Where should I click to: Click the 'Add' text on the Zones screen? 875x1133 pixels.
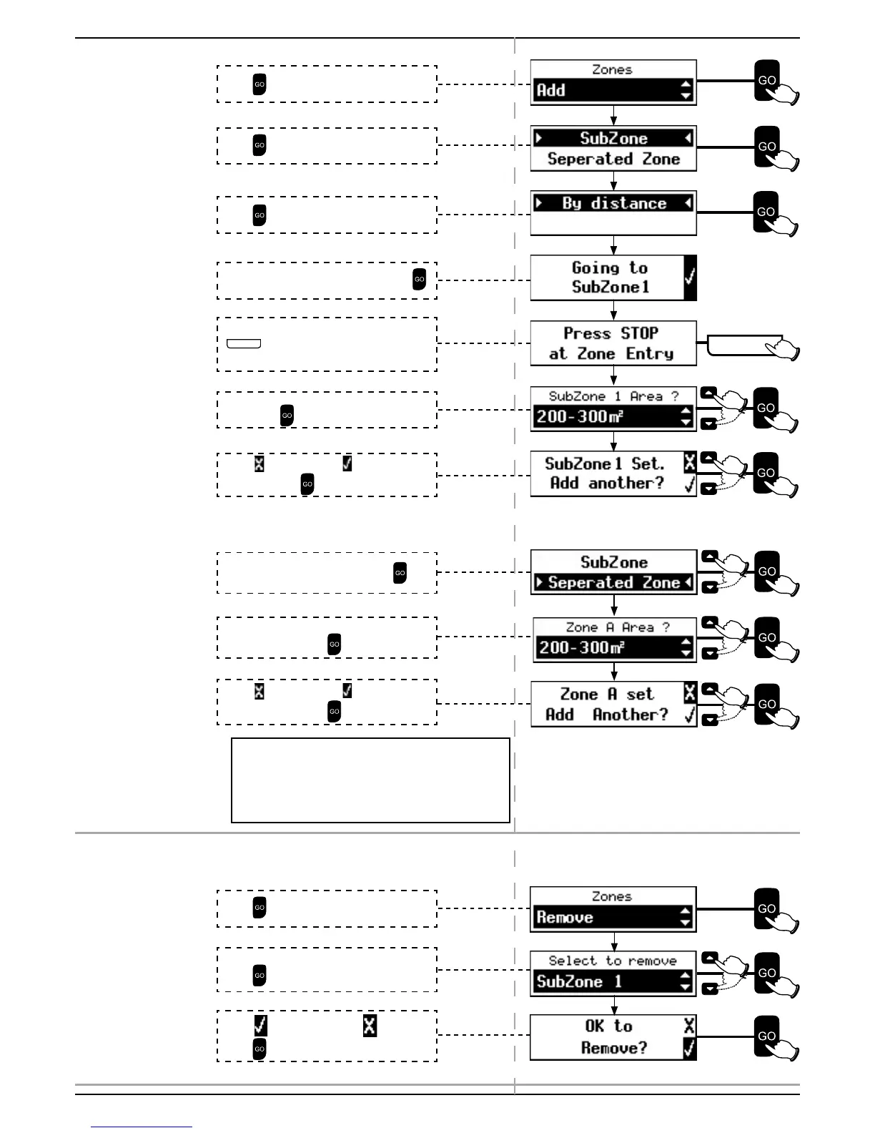pos(551,91)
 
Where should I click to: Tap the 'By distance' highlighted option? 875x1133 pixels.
pos(613,203)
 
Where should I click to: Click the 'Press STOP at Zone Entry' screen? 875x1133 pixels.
pos(611,343)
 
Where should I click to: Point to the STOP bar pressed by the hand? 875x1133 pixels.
pos(743,345)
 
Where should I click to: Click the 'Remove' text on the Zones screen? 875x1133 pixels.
pos(565,918)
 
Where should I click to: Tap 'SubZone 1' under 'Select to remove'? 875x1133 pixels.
pos(579,982)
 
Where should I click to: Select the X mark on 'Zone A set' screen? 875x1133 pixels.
pos(689,693)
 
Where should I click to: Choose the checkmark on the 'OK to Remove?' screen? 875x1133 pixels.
pos(689,1049)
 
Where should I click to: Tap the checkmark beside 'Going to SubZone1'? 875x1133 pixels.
pos(690,277)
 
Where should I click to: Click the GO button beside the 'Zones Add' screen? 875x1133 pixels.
pos(767,81)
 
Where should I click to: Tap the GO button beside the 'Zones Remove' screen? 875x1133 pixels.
pos(766,908)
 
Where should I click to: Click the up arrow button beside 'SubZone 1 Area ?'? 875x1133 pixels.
pos(708,393)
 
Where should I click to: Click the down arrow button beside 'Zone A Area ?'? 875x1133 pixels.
pos(709,653)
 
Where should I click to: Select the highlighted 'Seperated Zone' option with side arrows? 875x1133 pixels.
pos(613,583)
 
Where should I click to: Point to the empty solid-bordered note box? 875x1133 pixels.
pos(370,780)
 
